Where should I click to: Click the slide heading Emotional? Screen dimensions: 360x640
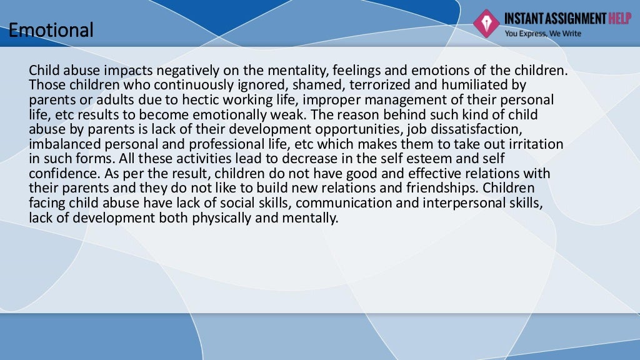(51, 29)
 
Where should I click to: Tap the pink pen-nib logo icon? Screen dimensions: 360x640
(485, 22)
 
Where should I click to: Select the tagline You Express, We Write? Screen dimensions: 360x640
(542, 34)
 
